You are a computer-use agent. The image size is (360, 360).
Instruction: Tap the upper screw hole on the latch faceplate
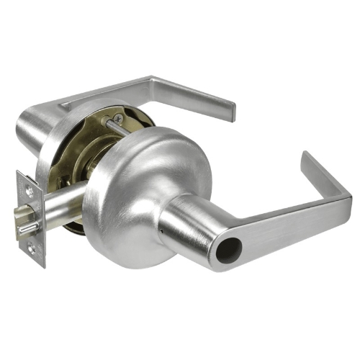(28, 190)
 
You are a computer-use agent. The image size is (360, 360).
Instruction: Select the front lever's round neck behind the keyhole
(187, 216)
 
